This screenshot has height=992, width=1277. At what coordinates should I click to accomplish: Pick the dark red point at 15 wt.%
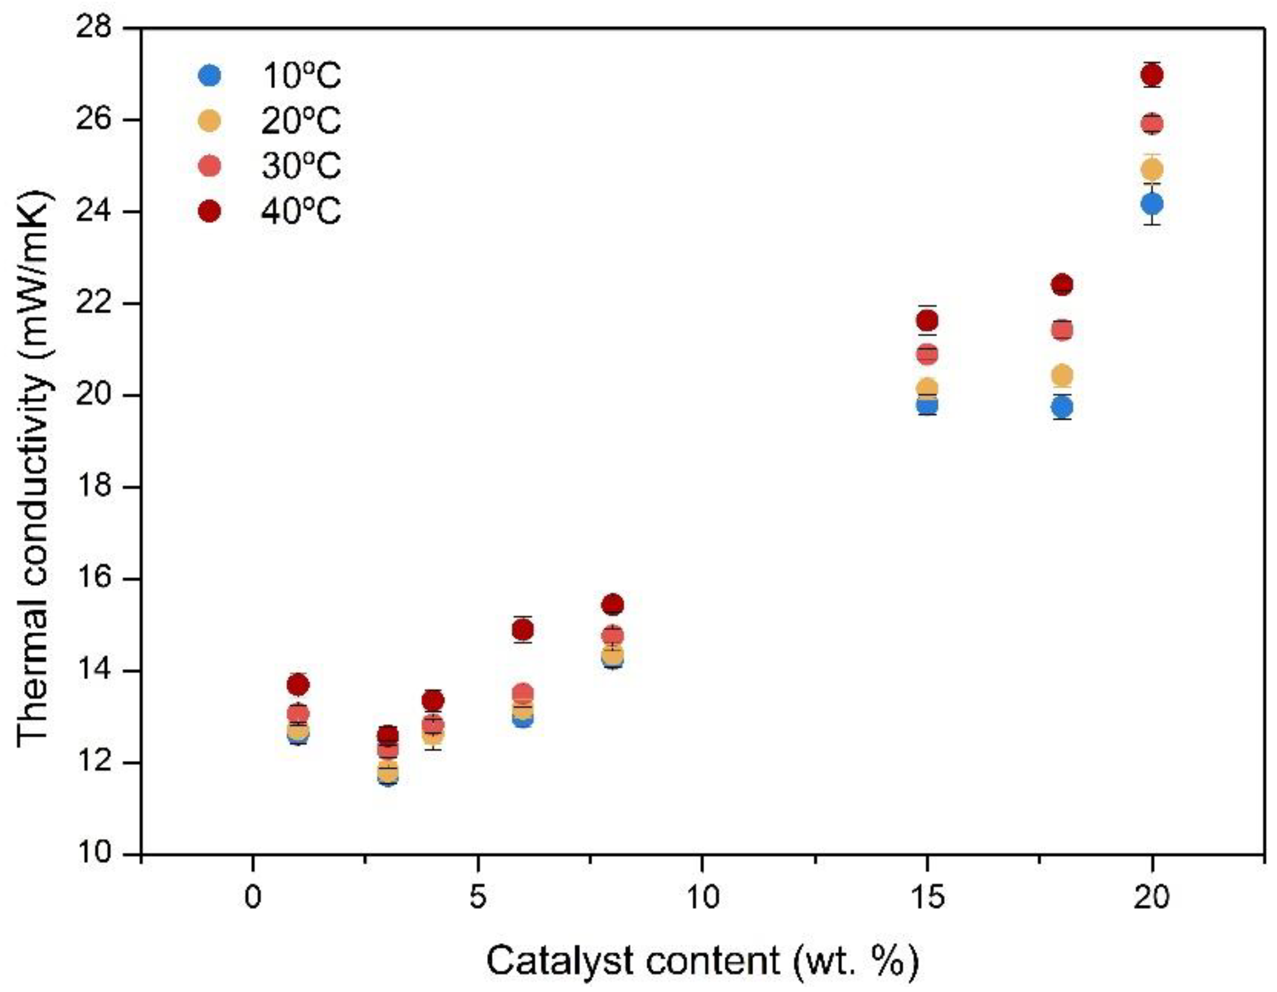[x=927, y=321]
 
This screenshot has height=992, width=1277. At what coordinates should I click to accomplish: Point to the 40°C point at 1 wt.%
[x=298, y=684]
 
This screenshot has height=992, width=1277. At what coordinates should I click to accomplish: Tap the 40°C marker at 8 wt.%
[x=612, y=605]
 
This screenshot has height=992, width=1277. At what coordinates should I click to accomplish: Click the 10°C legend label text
[x=300, y=76]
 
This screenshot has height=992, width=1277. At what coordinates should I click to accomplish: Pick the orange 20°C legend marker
[x=209, y=121]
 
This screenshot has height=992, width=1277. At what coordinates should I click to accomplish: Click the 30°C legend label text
[x=300, y=166]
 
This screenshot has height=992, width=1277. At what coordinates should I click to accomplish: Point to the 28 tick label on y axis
[x=93, y=28]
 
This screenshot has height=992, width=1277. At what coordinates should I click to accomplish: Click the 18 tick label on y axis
[x=93, y=487]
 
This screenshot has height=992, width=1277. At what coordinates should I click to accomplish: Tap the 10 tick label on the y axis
[x=93, y=854]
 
